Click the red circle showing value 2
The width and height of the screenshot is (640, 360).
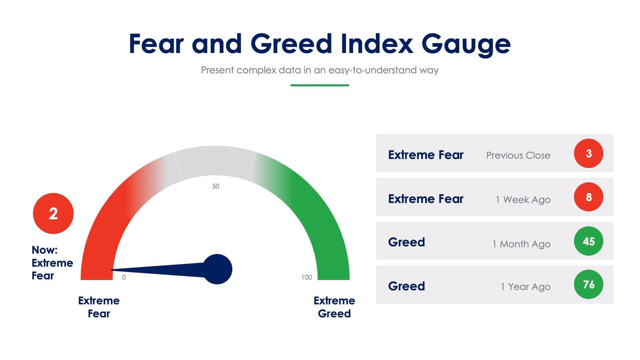53,213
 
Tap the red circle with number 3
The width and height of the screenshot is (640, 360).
588,153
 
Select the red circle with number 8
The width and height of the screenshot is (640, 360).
588,197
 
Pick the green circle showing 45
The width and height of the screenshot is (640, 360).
588,241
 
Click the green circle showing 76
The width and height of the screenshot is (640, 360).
588,285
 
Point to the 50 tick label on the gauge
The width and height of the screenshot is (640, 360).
216,186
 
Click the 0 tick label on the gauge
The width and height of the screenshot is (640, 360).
124,277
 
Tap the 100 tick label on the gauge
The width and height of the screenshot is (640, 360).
307,277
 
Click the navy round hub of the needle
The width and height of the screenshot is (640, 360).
218,269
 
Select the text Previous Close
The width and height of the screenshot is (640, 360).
518,155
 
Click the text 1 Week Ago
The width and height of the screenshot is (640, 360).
523,200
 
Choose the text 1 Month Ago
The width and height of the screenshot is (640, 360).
521,244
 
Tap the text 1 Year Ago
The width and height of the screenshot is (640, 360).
525,286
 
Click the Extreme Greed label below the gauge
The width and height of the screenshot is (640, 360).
334,307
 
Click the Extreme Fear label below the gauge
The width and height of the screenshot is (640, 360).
99,307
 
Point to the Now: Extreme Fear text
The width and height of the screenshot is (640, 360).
52,263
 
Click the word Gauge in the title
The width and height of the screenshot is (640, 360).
466,44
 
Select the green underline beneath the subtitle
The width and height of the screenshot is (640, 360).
320,85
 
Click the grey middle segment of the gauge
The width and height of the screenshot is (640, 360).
215,162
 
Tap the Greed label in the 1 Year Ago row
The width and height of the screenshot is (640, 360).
407,286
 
